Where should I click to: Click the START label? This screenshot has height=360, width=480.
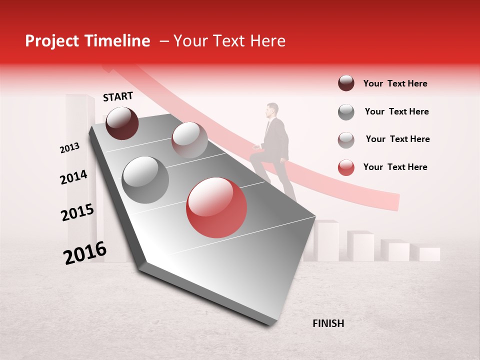click(x=118, y=96)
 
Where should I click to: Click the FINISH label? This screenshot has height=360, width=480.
click(x=328, y=323)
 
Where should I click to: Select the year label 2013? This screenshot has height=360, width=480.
click(x=69, y=148)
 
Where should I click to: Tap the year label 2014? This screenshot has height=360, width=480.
click(x=73, y=177)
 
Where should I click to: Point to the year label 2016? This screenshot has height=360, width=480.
click(x=85, y=253)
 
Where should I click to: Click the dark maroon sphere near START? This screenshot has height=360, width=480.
click(x=122, y=123)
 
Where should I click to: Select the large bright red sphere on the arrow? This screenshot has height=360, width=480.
click(x=216, y=207)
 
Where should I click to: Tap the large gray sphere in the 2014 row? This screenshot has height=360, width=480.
click(x=145, y=179)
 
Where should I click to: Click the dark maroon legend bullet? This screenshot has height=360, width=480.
click(x=346, y=83)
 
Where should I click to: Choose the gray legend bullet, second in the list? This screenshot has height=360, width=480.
click(x=346, y=112)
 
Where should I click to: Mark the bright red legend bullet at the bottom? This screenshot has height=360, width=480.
click(x=346, y=167)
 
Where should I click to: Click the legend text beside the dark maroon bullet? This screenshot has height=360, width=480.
click(x=395, y=83)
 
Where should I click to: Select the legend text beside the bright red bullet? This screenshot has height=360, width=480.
click(x=395, y=167)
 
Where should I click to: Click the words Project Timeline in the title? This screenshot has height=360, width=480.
click(x=87, y=41)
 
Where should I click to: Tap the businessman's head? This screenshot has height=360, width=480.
click(x=272, y=110)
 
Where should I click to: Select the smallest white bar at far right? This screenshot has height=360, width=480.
click(x=429, y=254)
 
